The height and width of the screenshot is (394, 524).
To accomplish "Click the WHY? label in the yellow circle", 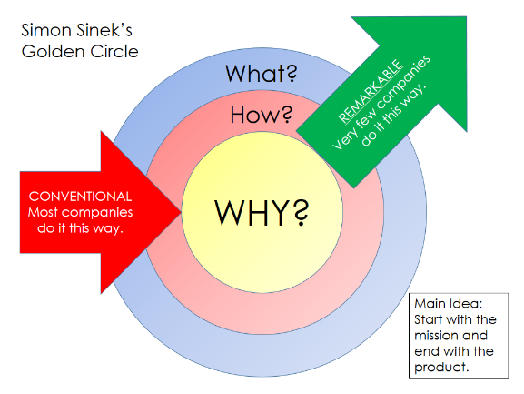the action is [262, 212].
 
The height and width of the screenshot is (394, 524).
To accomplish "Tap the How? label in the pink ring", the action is [261, 115].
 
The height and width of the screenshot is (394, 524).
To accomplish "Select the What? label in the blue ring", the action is [262, 74].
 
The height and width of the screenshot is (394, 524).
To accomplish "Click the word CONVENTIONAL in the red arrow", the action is [80, 197].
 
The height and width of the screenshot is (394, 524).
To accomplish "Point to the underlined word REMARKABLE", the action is [371, 91].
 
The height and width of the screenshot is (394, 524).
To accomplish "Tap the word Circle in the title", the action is [114, 52].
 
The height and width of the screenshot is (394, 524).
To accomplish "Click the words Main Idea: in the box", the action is [449, 304].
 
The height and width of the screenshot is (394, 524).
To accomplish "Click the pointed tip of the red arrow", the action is [181, 212].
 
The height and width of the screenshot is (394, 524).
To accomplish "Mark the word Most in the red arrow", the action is [43, 213].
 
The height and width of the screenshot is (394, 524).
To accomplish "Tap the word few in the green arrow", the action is [363, 121].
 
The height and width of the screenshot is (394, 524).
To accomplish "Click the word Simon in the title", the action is [47, 30].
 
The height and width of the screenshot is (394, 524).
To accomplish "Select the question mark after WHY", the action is [302, 212].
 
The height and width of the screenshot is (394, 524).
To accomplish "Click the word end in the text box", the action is [425, 351].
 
